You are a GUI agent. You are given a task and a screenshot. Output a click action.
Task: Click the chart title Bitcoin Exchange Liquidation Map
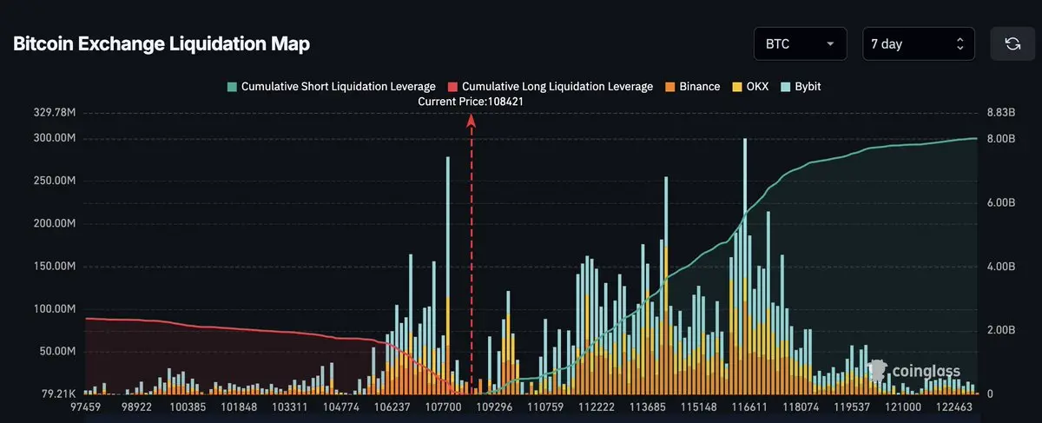[162, 44]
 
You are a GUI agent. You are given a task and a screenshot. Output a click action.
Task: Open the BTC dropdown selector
[800, 44]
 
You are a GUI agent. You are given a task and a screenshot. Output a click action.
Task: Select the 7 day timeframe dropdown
[918, 44]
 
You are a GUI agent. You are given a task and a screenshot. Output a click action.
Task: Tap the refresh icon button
[1012, 44]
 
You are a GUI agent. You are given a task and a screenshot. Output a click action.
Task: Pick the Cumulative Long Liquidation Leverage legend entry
[550, 87]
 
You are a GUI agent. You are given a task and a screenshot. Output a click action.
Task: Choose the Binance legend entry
[692, 87]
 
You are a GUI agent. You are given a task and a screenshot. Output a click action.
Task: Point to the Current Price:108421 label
[471, 102]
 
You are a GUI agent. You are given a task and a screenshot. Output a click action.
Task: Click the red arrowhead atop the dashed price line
[472, 122]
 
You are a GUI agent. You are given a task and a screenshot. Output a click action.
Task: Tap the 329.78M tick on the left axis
[55, 113]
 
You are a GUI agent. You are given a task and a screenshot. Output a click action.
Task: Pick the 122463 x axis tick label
[954, 406]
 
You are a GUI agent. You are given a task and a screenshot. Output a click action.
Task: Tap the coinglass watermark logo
[915, 372]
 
